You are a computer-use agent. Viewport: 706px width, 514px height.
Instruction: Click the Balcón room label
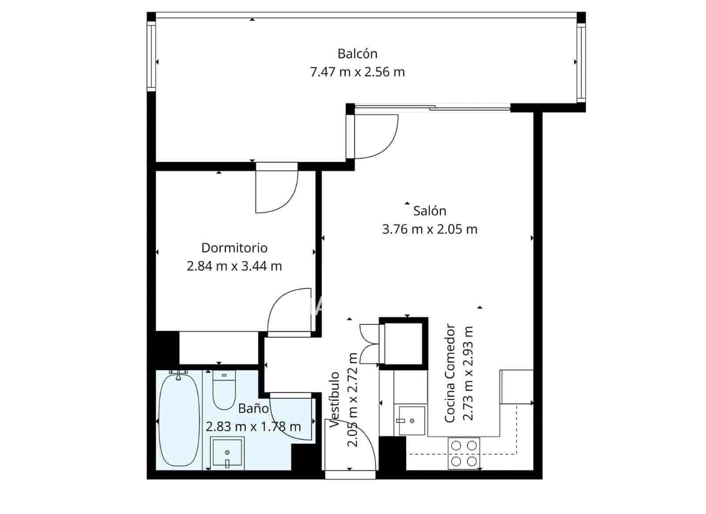[357, 54]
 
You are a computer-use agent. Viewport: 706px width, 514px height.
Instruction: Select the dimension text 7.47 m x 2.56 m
[357, 72]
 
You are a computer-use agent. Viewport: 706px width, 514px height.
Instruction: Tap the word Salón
[429, 211]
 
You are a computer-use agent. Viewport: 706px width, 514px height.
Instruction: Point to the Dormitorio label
[234, 248]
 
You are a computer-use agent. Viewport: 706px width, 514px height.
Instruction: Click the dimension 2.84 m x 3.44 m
[234, 266]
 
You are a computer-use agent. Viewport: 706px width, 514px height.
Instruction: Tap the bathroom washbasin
[227, 452]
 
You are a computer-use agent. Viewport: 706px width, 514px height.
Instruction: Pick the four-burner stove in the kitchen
[464, 453]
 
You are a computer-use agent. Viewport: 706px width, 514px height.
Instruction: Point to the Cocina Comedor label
[450, 373]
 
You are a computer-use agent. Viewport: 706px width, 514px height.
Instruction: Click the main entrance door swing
[351, 445]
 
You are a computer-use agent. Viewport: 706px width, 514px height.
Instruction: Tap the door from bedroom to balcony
[277, 190]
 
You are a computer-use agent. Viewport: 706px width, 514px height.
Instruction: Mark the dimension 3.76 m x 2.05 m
[429, 229]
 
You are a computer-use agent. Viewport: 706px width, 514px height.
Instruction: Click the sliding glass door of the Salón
[432, 107]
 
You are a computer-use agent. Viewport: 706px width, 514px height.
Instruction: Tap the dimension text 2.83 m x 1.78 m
[253, 427]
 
